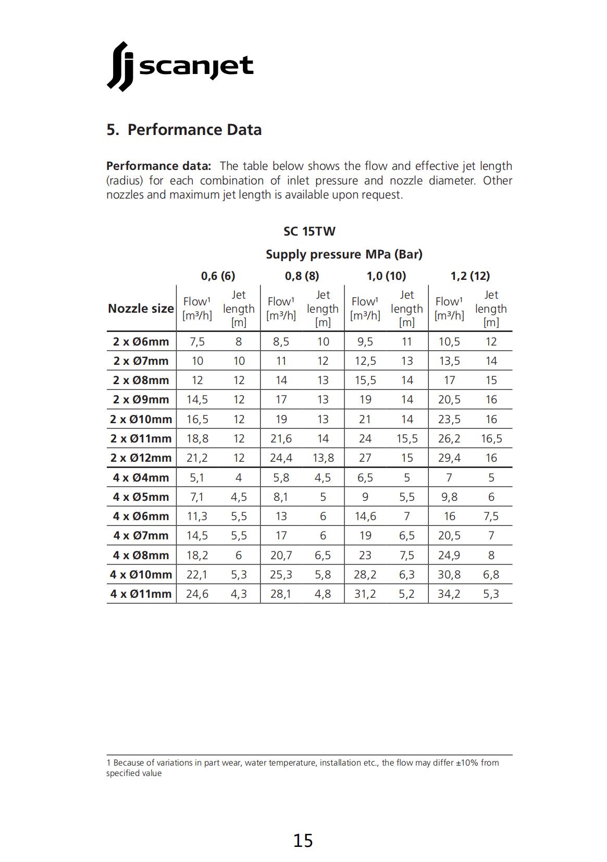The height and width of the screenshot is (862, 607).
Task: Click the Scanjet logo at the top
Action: pos(180,67)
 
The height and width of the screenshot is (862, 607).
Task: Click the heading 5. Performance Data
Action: pos(184,130)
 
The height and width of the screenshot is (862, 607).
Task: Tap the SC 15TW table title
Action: pos(309,231)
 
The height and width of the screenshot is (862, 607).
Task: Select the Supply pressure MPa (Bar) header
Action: pos(344,254)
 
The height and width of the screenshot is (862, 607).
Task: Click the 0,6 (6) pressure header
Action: pos(218,276)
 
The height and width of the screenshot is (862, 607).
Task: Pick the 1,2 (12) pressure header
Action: pos(470,276)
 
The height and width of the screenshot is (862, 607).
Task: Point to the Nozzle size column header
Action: pos(141,309)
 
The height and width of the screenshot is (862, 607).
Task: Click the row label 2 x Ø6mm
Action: pos(141,342)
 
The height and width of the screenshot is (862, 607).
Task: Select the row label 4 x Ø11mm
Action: pos(141,594)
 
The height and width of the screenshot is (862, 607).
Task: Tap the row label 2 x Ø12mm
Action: pos(141,458)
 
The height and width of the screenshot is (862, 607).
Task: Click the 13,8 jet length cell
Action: pos(323,458)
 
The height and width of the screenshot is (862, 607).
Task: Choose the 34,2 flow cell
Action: pos(449,594)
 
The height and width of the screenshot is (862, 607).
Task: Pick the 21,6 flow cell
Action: pos(281,439)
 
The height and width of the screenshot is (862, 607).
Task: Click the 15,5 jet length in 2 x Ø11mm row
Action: pos(407,439)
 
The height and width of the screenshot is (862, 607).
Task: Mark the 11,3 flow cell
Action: pos(197,516)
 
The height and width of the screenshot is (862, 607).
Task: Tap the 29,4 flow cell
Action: pos(449,458)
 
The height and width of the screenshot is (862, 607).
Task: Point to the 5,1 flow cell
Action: pos(197,477)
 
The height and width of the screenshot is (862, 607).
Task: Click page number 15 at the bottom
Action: pos(303,841)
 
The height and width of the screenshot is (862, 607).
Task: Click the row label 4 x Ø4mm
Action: pos(141,477)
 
